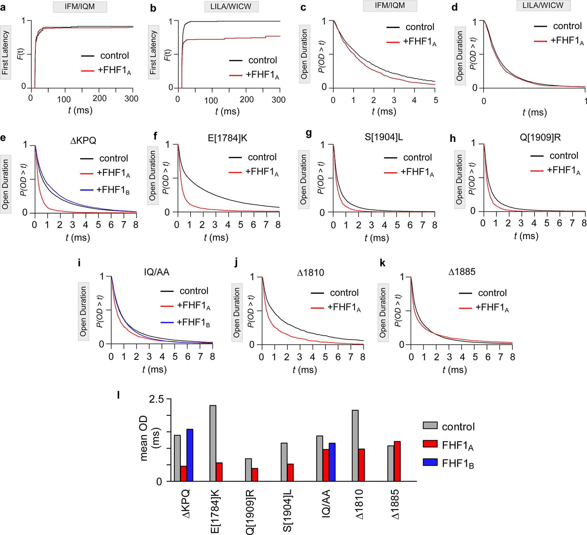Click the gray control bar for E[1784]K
pos(213,443)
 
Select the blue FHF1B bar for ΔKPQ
pos(190,455)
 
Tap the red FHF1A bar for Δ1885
pos(397,461)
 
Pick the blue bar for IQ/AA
pos(332,462)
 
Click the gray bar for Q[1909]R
pos(249,470)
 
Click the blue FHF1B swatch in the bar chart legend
pos(430,463)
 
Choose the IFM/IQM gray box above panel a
pos(79,6)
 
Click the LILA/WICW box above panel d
pos(543,5)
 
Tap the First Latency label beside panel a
pos(5,52)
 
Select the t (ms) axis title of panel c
pos(384,112)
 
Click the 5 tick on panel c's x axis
pos(435,100)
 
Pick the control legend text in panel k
pos(492,293)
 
